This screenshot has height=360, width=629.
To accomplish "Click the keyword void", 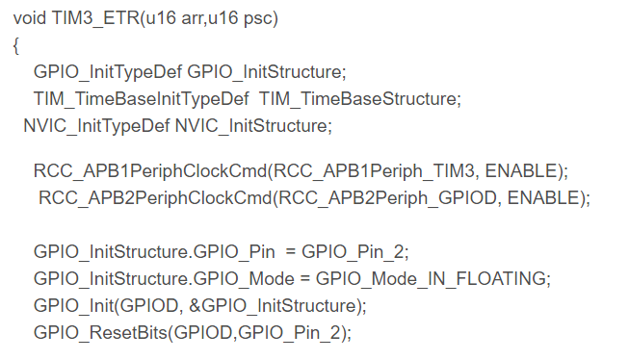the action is pyautogui.click(x=29, y=18).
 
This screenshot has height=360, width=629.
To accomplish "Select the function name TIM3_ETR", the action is pyautogui.click(x=96, y=18).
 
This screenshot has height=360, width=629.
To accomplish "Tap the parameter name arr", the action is pyautogui.click(x=192, y=18).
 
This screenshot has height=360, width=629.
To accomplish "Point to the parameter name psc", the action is pyautogui.click(x=258, y=19).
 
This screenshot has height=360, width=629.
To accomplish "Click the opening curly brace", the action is pyautogui.click(x=16, y=46).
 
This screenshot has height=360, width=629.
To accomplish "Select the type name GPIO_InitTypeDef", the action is pyautogui.click(x=108, y=72).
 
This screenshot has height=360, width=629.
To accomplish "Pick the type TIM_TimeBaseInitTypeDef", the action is pyautogui.click(x=142, y=99).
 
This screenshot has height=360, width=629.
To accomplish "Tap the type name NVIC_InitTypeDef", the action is pyautogui.click(x=96, y=126).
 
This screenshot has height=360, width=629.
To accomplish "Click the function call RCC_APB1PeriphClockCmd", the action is pyautogui.click(x=150, y=171).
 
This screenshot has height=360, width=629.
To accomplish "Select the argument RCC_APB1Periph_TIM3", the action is pyautogui.click(x=374, y=171).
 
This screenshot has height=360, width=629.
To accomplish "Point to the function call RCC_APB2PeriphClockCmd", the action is pyautogui.click(x=155, y=198).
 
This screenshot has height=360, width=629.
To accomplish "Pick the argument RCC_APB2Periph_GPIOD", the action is pyautogui.click(x=387, y=198).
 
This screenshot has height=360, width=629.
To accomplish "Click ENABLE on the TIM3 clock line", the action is pyautogui.click(x=521, y=170).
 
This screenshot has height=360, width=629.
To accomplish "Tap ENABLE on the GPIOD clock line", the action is pyautogui.click(x=543, y=197).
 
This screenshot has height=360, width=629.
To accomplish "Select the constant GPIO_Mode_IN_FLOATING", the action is pyautogui.click(x=431, y=278).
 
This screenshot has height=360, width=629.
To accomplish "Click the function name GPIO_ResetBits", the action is pyautogui.click(x=100, y=333).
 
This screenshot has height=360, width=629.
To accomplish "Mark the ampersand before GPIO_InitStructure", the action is pyautogui.click(x=195, y=306).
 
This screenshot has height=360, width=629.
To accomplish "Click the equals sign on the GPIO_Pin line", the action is pyautogui.click(x=291, y=252).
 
